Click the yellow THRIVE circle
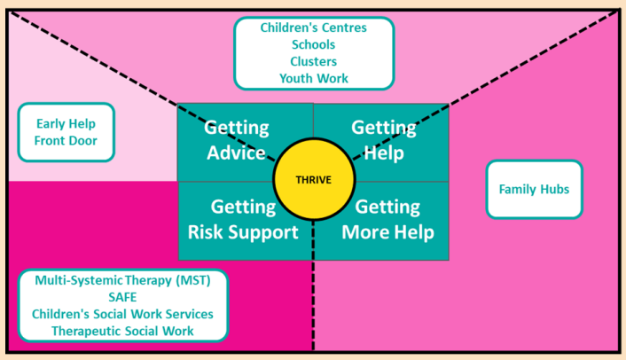(313, 181)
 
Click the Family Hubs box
(534, 189)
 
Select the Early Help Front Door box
(66, 132)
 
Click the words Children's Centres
(313, 27)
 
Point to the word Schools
(313, 44)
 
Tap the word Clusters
(313, 61)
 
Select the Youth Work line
(313, 78)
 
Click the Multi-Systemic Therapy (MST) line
(122, 280)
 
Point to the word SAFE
(122, 297)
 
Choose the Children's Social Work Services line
(122, 314)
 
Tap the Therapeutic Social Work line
(122, 331)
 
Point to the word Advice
(236, 153)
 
